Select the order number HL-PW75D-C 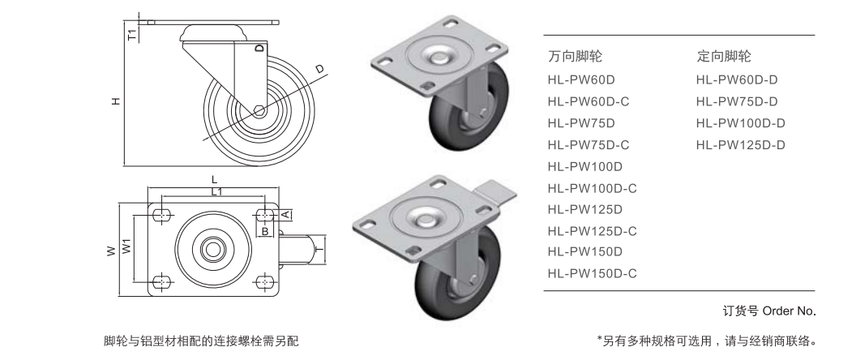pyautogui.click(x=588, y=145)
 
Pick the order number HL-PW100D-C pyautogui.click(x=592, y=188)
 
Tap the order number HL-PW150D pyautogui.click(x=584, y=252)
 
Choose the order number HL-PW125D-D pyautogui.click(x=741, y=145)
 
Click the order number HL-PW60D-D pyautogui.click(x=737, y=80)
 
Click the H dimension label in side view pyautogui.click(x=116, y=101)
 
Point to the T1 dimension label pyautogui.click(x=131, y=34)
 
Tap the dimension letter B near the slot pyautogui.click(x=265, y=231)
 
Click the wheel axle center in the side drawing pyautogui.click(x=258, y=111)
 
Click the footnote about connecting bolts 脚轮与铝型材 pyautogui.click(x=201, y=340)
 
